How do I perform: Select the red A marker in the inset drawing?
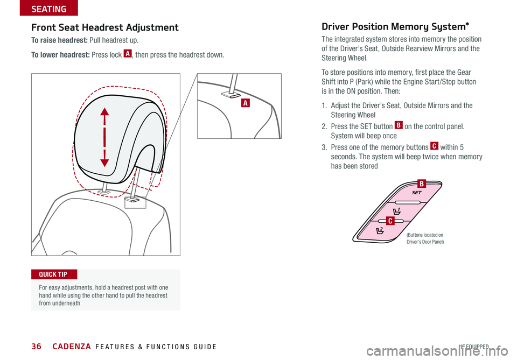pyautogui.click(x=245, y=103)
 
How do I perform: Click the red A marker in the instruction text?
pyautogui.click(x=127, y=54)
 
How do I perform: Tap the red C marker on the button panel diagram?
pyautogui.click(x=390, y=221)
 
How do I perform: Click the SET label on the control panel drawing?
pyautogui.click(x=416, y=192)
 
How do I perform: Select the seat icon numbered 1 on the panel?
pyautogui.click(x=397, y=210)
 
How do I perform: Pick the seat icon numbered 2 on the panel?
pyautogui.click(x=380, y=230)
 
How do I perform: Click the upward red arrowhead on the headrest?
pyautogui.click(x=104, y=113)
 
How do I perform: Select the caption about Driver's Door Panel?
pyautogui.click(x=425, y=238)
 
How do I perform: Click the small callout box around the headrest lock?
pyautogui.click(x=135, y=202)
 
